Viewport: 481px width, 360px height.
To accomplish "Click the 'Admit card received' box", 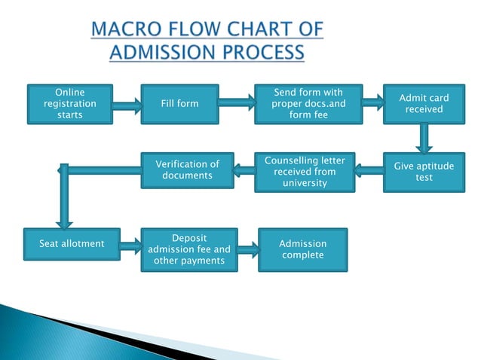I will point(424,104).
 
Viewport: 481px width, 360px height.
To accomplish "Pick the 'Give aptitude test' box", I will point(424,172).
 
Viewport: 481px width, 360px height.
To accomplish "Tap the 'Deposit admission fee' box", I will point(188,249).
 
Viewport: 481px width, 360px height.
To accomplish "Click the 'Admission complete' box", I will point(302,249).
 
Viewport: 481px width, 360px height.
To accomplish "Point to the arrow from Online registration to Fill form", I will point(125,107).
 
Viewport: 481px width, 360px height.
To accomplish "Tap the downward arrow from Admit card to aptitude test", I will point(424,138).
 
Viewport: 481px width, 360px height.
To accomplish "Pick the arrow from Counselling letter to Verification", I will point(243,172).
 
